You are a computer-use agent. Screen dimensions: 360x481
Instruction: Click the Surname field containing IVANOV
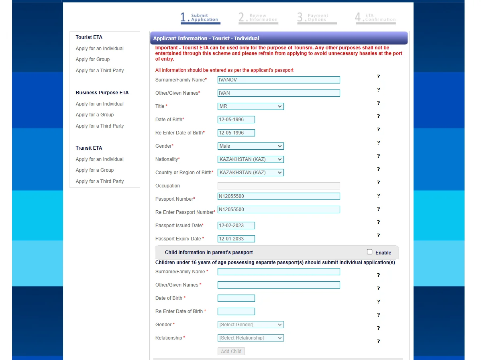pos(278,80)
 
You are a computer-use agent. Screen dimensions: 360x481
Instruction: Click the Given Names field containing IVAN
pos(278,93)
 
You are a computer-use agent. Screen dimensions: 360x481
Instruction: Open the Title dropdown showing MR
pos(251,106)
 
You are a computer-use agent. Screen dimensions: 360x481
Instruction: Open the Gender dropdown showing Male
pos(251,146)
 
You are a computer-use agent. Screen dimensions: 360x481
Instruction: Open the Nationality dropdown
pos(251,159)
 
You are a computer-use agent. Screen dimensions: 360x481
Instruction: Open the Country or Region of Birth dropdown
pos(251,173)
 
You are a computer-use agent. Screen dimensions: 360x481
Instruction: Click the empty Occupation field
pos(278,186)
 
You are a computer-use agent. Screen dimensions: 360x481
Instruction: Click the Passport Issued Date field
pos(236,226)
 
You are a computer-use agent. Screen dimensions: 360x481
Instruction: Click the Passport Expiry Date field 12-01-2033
pos(236,239)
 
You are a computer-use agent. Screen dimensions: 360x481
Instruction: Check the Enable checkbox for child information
pos(370,252)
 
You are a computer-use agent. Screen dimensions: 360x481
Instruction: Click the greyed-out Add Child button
pos(231,351)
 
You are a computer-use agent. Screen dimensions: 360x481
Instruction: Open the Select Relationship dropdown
pos(251,338)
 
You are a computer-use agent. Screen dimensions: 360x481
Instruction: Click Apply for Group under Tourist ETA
pos(93,59)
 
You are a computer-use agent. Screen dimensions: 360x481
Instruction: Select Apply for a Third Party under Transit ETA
pos(100,181)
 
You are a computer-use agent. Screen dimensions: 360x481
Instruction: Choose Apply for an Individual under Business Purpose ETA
pos(100,104)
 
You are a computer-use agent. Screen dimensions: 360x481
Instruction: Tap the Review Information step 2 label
pos(258,18)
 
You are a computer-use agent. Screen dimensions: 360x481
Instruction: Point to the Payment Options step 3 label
pos(317,18)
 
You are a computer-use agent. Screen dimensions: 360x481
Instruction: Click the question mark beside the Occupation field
pos(378,183)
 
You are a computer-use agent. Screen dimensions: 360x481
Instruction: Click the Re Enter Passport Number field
pos(278,209)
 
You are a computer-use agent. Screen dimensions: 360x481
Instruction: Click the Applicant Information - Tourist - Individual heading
pos(206,39)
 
